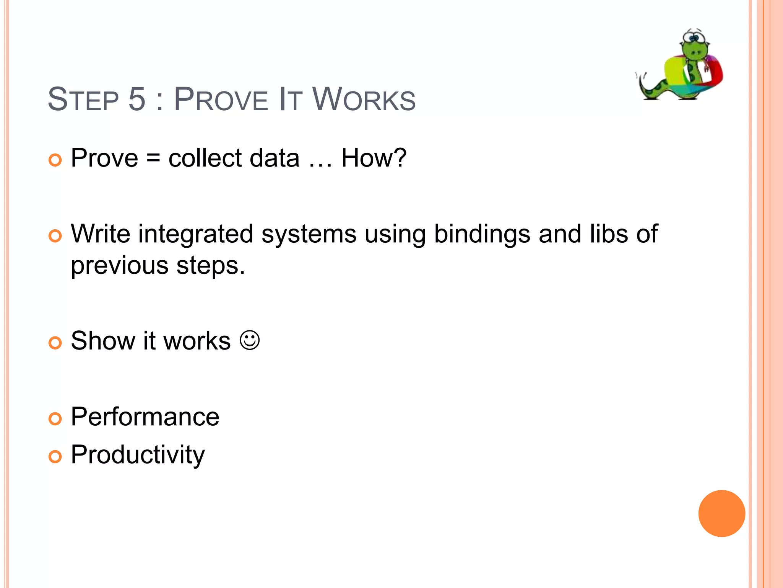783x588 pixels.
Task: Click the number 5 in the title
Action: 137,99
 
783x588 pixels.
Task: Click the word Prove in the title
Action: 221,99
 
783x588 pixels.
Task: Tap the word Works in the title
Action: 364,99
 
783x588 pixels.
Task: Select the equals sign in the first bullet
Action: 153,158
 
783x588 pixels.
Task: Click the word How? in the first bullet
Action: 374,158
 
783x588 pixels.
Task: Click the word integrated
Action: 195,234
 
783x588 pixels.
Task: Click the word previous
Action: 119,266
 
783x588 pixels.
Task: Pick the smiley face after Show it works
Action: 250,340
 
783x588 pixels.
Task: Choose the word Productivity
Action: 138,455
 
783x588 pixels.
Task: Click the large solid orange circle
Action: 721,513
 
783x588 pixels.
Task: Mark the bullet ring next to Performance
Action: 55,419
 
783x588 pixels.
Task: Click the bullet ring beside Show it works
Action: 55,343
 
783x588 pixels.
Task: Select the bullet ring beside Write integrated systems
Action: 55,236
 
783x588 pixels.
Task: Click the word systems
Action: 309,234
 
